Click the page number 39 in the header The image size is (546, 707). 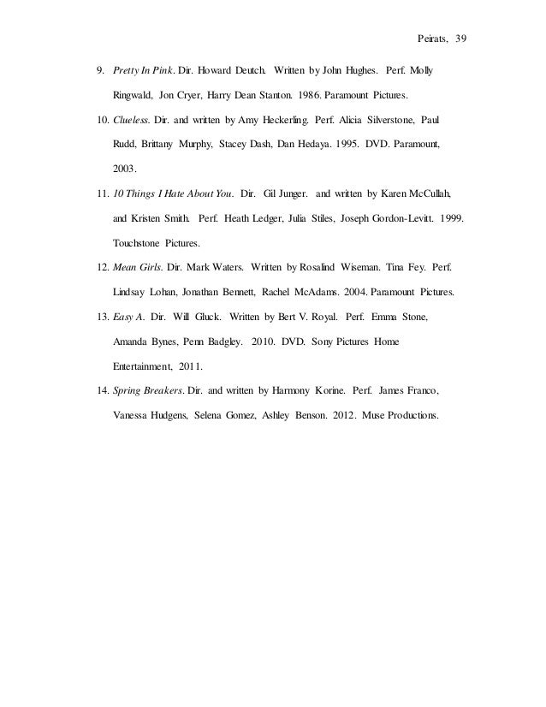coord(450,40)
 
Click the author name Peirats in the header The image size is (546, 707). coord(418,40)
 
